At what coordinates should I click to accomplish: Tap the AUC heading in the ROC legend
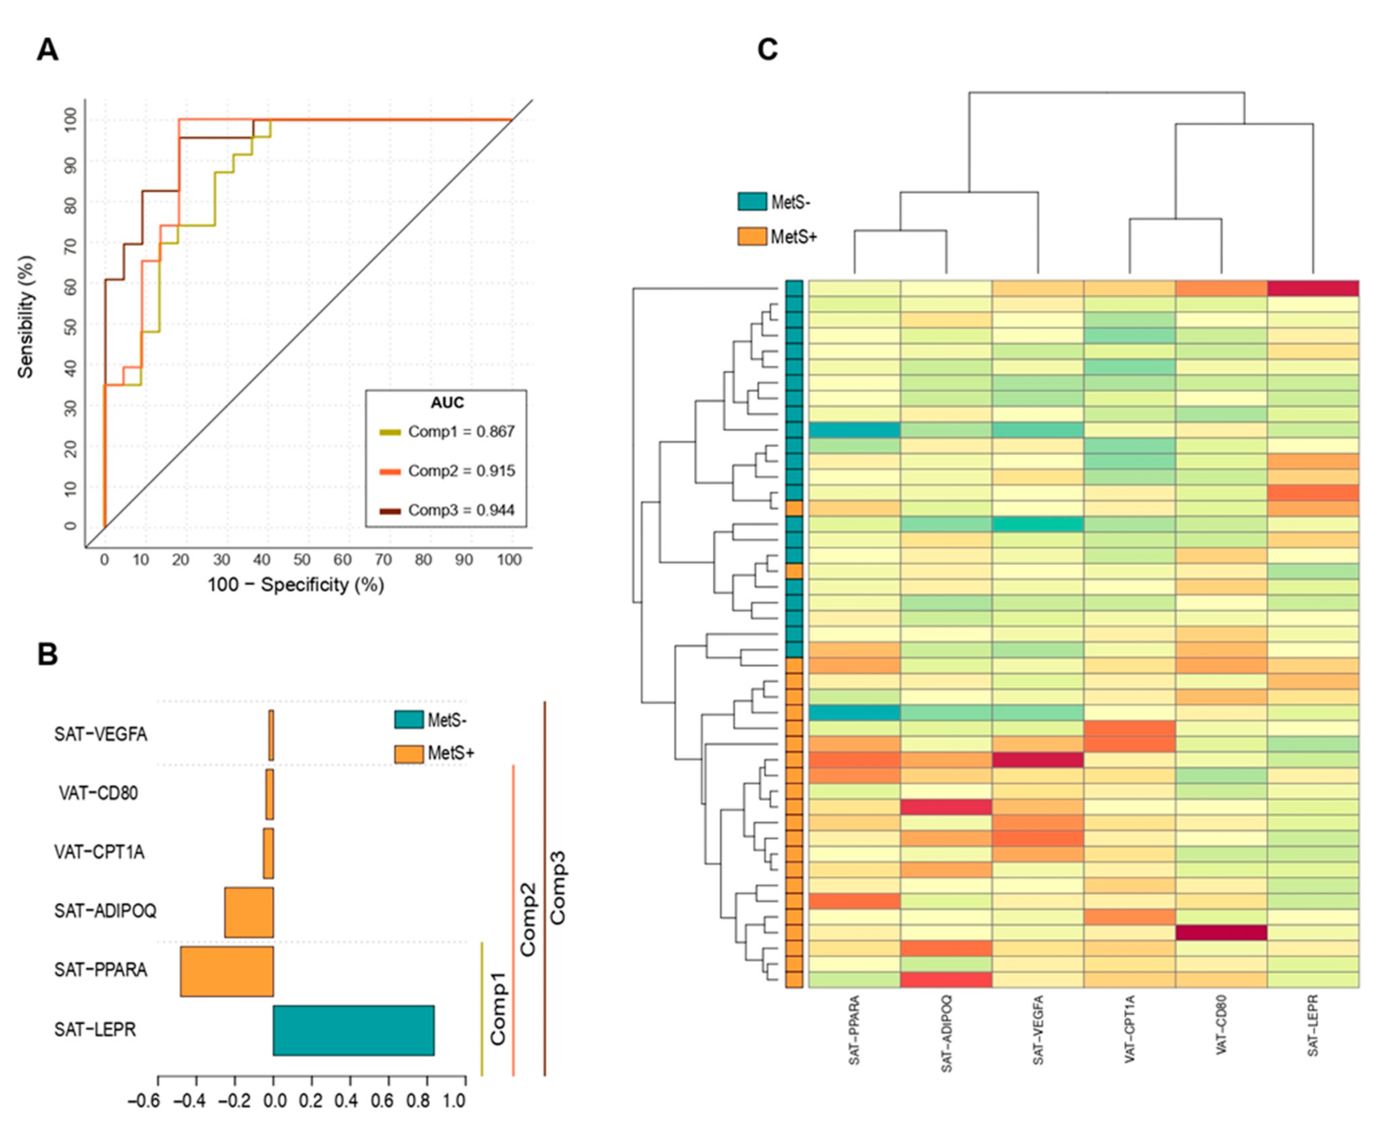(447, 403)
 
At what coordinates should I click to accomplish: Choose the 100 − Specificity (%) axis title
(296, 585)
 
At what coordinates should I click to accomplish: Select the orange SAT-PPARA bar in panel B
(227, 972)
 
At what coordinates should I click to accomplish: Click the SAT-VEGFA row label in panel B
(101, 734)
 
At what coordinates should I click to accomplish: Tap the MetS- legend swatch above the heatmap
(752, 201)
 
